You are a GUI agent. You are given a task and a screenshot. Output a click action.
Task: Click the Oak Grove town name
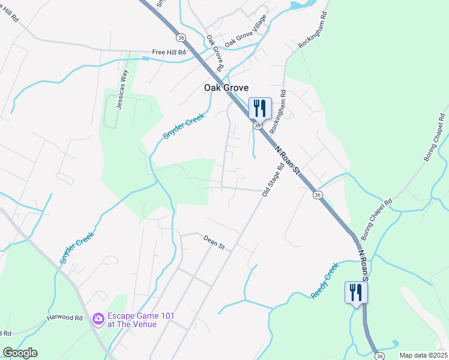click(x=226, y=88)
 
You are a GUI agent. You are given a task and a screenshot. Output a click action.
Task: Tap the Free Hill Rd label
click(x=169, y=52)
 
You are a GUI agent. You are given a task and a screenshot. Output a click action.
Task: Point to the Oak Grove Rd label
click(x=215, y=53)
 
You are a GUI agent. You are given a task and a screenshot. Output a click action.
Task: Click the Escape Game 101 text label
click(x=132, y=320)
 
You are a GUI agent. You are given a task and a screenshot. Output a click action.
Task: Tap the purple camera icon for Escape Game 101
click(x=98, y=320)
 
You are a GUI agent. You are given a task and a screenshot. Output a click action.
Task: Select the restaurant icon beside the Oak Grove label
click(x=259, y=109)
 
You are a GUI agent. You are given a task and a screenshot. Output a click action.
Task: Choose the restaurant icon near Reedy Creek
click(x=356, y=293)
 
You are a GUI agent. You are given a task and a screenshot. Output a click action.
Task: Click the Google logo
click(x=20, y=353)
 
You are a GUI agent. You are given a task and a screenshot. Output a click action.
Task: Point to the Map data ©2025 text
click(x=423, y=355)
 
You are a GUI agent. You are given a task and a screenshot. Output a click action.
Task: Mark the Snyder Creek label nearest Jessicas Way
click(x=184, y=126)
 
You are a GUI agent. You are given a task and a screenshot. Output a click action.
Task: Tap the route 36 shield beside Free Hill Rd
click(x=181, y=37)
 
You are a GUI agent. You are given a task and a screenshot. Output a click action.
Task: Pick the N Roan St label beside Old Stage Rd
click(x=287, y=161)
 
